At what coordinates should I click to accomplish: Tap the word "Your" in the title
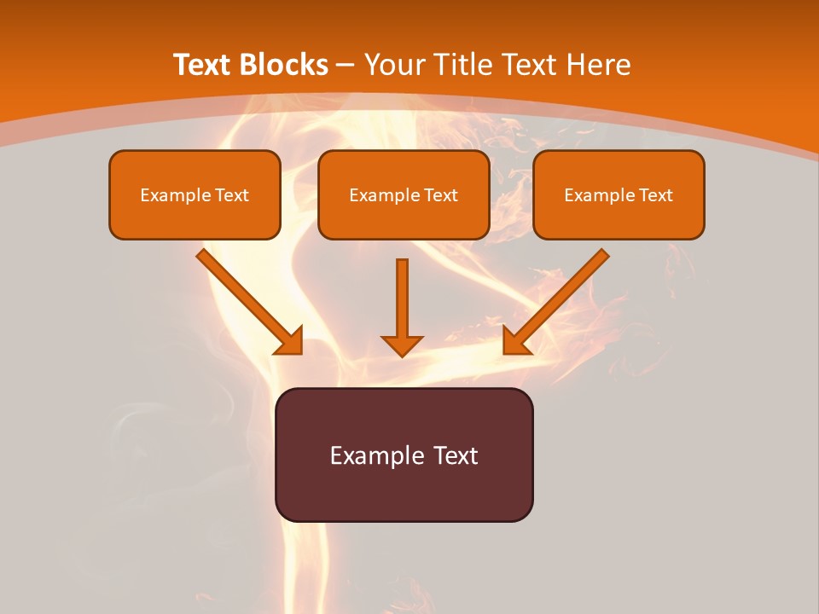pos(396,65)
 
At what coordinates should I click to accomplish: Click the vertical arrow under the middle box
pos(402,298)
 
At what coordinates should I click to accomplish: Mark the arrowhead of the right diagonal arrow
pos(515,341)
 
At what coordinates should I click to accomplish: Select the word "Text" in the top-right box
pos(655,195)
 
